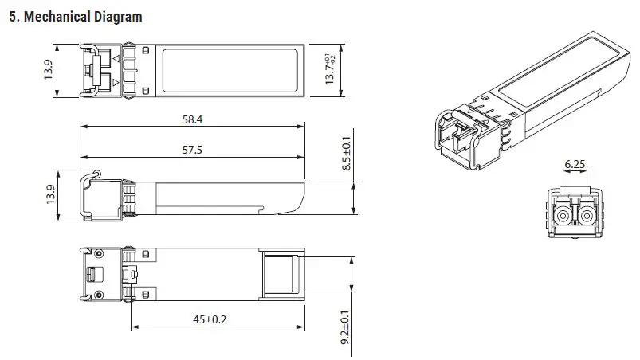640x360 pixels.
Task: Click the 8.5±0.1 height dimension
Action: coord(346,154)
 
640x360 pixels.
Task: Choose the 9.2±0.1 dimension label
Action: coord(346,327)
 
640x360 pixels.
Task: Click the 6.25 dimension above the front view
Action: coord(575,165)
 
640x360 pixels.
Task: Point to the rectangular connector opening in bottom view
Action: coord(280,274)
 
